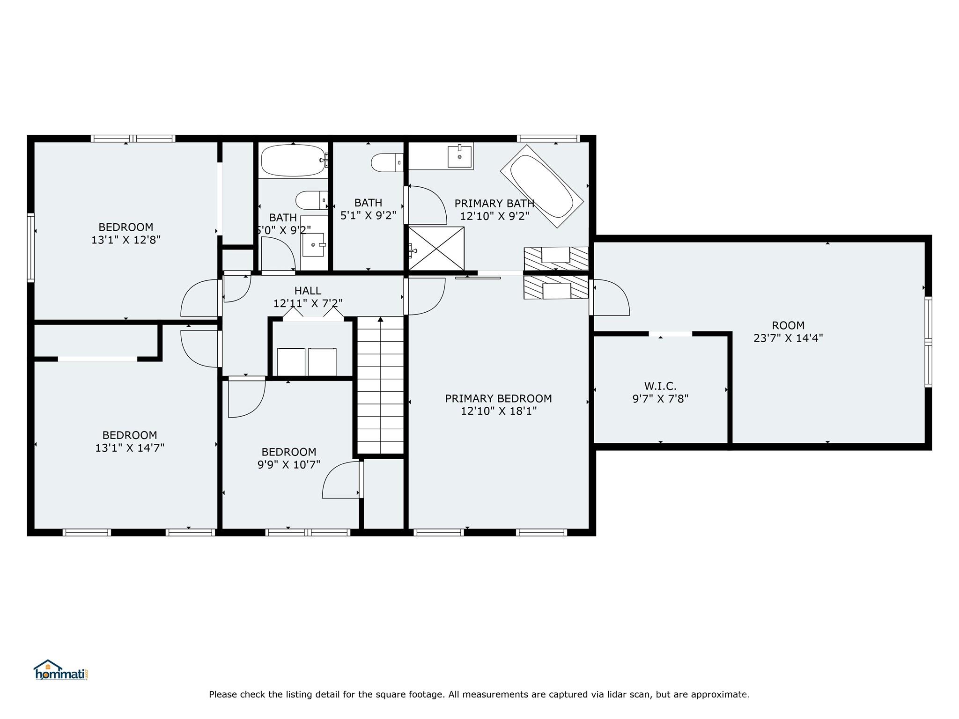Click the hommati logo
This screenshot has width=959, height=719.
pyautogui.click(x=61, y=670)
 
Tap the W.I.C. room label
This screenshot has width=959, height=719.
pyautogui.click(x=660, y=386)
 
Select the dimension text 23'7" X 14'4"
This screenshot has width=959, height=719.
pyautogui.click(x=788, y=338)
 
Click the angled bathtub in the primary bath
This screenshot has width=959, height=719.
pyautogui.click(x=542, y=186)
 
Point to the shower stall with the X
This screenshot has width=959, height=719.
pyautogui.click(x=436, y=249)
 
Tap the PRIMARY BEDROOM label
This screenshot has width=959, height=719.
pyautogui.click(x=498, y=398)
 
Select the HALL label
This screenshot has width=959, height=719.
pyautogui.click(x=308, y=291)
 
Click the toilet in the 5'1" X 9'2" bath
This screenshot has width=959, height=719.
pyautogui.click(x=387, y=162)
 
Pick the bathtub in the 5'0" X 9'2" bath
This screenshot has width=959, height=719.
pyautogui.click(x=293, y=161)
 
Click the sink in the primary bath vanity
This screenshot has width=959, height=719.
pyautogui.click(x=459, y=156)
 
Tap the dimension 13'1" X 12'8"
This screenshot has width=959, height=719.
pyautogui.click(x=126, y=240)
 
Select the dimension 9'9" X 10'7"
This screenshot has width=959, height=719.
pyautogui.click(x=288, y=465)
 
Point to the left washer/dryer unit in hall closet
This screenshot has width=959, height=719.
pyautogui.click(x=291, y=362)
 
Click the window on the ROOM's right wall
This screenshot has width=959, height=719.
pyautogui.click(x=928, y=342)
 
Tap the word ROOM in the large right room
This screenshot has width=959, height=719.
pyautogui.click(x=788, y=325)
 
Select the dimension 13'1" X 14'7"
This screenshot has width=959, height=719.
pyautogui.click(x=130, y=448)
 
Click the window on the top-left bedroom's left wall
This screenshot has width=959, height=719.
pyautogui.click(x=31, y=247)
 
